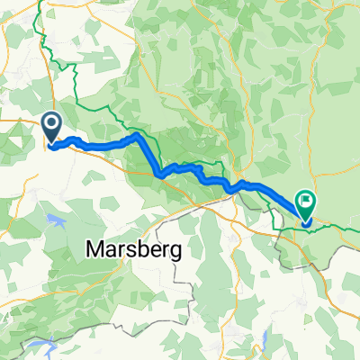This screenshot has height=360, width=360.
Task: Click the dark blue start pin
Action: pos(51,126)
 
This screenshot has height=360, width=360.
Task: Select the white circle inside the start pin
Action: pos(51,123)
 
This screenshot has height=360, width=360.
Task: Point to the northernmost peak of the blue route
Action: pos(136,135)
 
